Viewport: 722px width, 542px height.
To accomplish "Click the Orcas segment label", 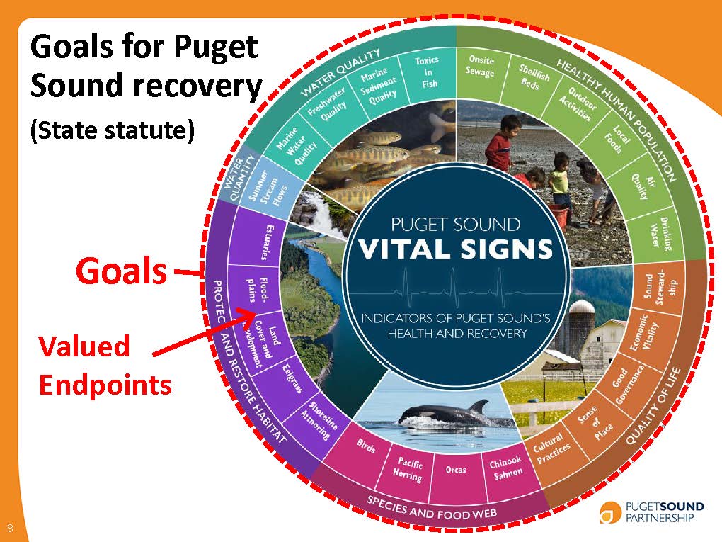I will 456,470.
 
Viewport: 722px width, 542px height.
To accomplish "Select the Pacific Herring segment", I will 408,468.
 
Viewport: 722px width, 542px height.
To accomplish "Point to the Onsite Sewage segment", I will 480,66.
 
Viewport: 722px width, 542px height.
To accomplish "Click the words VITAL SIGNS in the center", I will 455,249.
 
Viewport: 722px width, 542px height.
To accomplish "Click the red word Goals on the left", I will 122,271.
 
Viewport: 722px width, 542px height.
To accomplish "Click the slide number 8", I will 11,527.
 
